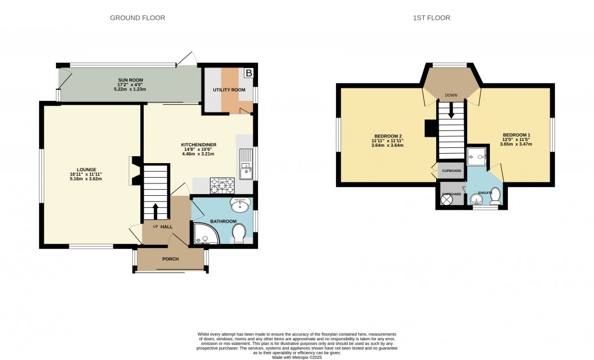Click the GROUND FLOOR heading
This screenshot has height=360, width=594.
click(137, 18)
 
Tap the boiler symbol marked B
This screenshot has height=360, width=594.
click(249, 73)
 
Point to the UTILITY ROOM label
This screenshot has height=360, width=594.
click(231, 90)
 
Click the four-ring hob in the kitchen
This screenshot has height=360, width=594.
click(222, 185)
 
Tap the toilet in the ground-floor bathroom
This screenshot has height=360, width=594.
click(239, 235)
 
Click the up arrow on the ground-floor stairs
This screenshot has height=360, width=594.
click(155, 211)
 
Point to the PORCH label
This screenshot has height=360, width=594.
click(170, 259)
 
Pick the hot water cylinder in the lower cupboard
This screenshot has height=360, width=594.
click(447, 199)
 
